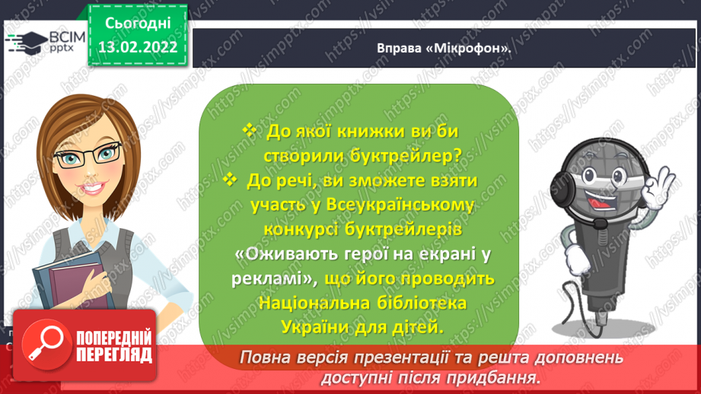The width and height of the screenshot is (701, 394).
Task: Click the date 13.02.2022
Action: tap(138, 47)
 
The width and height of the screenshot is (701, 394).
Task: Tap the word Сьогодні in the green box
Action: tap(138, 24)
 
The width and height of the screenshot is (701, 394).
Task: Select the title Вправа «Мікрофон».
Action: tap(444, 48)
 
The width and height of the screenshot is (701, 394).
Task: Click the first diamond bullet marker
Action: tap(250, 130)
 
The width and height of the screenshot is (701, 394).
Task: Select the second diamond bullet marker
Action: tap(230, 180)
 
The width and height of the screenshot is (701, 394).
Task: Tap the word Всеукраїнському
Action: tap(400, 205)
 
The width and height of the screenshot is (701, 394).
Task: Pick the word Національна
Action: tap(314, 303)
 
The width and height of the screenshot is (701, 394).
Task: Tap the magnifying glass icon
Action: tap(46, 345)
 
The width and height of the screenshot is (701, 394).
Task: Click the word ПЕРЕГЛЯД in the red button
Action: tap(114, 355)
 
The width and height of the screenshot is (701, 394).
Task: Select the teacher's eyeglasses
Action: tap(87, 153)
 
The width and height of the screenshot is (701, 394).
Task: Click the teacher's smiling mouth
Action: tap(94, 188)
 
